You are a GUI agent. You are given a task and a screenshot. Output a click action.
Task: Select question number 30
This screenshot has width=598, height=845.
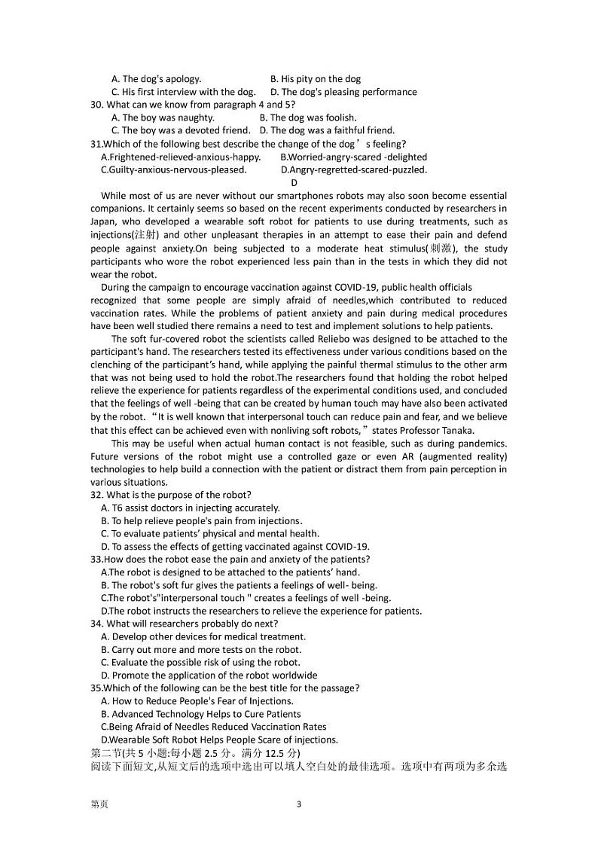tap(97, 105)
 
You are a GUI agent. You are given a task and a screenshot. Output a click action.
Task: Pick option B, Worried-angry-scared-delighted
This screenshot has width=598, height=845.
tap(353, 157)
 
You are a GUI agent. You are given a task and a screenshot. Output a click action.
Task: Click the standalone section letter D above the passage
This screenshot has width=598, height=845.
tap(294, 182)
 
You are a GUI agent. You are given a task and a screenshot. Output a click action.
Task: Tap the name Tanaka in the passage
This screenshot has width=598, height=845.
tap(459, 430)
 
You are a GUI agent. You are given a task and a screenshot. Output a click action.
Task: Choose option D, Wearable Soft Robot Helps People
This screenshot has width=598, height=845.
tap(219, 740)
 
